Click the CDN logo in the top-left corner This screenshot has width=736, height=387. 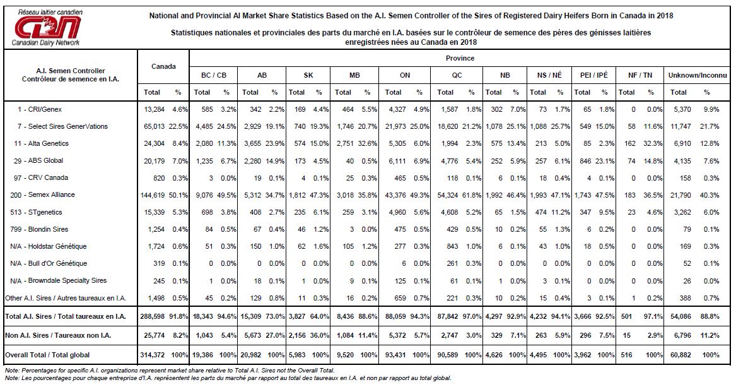[47, 27]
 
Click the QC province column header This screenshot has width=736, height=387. [457, 75]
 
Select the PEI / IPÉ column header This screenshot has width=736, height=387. [593, 75]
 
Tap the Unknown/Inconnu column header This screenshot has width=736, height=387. [698, 75]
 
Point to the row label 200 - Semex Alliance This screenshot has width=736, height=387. [44, 194]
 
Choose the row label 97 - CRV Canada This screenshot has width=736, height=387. [41, 177]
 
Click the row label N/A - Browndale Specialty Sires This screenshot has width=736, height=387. [58, 280]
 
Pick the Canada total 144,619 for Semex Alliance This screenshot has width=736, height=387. [153, 195]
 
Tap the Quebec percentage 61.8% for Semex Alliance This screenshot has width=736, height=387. [472, 195]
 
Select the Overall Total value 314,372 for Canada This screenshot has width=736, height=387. [153, 355]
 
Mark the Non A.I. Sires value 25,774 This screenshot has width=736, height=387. [154, 335]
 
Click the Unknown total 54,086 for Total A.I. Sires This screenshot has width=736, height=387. [681, 316]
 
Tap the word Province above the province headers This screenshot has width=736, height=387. [460, 58]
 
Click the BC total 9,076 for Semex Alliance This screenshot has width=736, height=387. [203, 195]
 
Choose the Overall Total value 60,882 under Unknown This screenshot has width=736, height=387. [681, 355]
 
